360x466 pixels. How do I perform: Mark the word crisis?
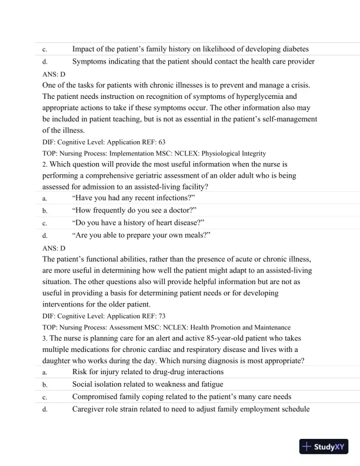[x=297, y=85]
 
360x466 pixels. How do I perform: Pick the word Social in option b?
[x=84, y=384]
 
